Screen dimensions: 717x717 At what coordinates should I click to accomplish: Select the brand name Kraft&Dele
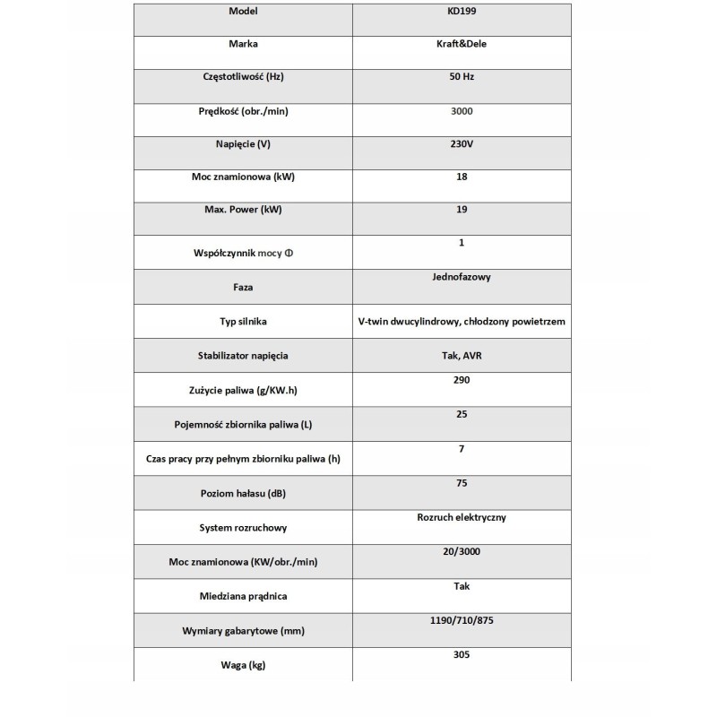pos(462,42)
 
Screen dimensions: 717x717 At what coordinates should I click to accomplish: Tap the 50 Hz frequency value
pos(462,77)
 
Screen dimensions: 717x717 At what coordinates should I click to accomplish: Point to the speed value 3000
pos(462,111)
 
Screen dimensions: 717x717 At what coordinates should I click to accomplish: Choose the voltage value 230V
pos(462,143)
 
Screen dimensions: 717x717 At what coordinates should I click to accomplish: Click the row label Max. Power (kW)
pos(244,210)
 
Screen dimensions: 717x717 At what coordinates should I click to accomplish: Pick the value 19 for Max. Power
pos(462,210)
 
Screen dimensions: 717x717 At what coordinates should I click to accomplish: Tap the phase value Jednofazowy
pos(462,277)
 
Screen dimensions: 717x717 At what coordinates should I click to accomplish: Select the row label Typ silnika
pos(244,321)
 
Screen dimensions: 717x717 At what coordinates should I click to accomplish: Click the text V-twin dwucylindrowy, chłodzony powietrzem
pos(462,321)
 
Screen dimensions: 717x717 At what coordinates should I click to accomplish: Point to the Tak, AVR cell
pos(462,355)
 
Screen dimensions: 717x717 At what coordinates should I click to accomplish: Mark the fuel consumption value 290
pos(462,380)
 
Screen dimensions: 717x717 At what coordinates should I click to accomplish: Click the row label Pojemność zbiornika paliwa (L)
pos(244,424)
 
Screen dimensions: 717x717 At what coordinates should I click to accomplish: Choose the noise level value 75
pos(462,483)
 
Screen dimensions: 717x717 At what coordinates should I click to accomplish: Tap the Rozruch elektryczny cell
pos(462,517)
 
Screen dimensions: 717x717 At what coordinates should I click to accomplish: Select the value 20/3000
pos(462,552)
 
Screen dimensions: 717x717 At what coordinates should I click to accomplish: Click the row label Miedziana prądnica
pos(244,595)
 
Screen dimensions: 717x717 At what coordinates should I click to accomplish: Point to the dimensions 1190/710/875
pos(462,620)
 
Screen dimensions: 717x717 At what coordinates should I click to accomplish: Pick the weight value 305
pos(462,654)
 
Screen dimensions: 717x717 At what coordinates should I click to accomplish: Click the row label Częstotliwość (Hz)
pos(244,77)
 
